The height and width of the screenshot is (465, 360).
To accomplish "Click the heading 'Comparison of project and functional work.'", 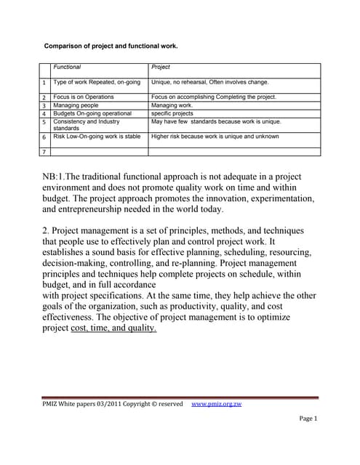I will coord(111,45).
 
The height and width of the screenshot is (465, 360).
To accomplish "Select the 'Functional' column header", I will coord(68,67).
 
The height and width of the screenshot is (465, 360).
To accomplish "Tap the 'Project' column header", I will coord(160,67).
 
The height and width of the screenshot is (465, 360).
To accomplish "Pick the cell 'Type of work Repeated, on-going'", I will coord(97,82).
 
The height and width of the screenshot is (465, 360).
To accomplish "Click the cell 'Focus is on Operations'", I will coord(84,97).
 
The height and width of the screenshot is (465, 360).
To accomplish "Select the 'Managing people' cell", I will coord(76,105).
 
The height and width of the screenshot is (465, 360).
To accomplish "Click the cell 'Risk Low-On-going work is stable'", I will coord(97,136).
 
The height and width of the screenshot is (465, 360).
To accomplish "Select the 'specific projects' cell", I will coord(172,113).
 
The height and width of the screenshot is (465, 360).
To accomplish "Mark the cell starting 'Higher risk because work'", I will coord(215,136).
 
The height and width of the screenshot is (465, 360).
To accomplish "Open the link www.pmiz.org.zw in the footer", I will coord(215,404).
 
